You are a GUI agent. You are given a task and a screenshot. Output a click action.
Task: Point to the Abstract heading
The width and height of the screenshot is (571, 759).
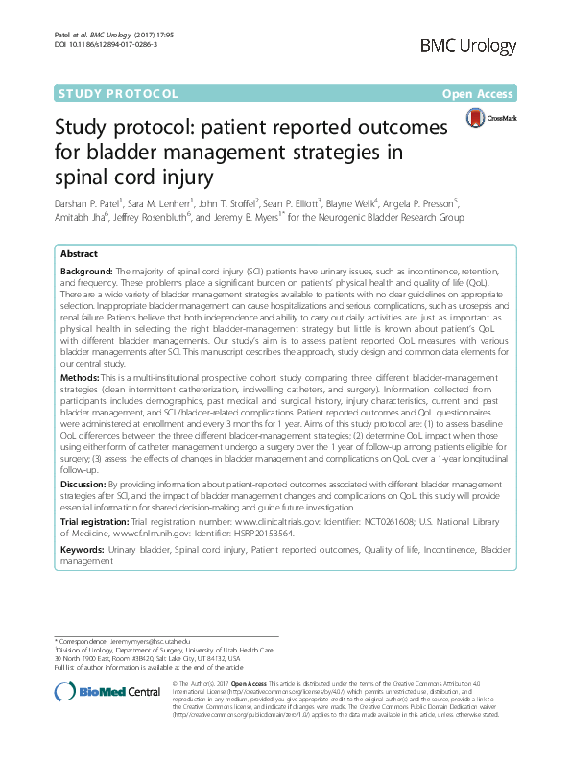point(79,254)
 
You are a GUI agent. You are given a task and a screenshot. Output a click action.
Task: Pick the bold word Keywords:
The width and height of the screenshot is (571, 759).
point(83,551)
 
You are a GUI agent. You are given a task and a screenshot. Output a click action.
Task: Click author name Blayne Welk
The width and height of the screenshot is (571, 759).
point(354,203)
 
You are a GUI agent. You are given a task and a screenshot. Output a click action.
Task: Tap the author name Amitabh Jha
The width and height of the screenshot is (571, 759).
point(83,218)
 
